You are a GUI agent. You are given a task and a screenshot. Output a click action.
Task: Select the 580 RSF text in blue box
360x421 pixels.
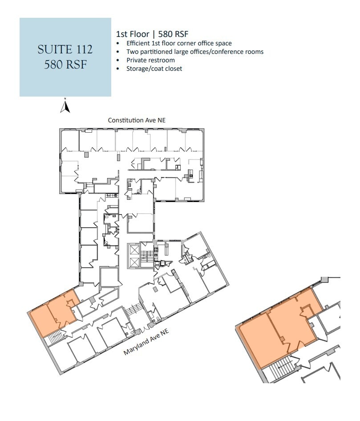coord(65,65)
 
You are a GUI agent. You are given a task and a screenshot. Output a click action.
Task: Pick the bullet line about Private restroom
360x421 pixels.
coord(150,60)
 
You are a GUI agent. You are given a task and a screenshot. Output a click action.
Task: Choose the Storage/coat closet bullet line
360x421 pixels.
coord(154,69)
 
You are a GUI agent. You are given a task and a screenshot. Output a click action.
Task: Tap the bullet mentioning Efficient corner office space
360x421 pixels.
coord(179,43)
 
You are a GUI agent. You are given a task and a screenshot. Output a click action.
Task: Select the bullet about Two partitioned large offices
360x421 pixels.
coord(195,52)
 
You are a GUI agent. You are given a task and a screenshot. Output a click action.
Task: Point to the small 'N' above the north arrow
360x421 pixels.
coord(65,98)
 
